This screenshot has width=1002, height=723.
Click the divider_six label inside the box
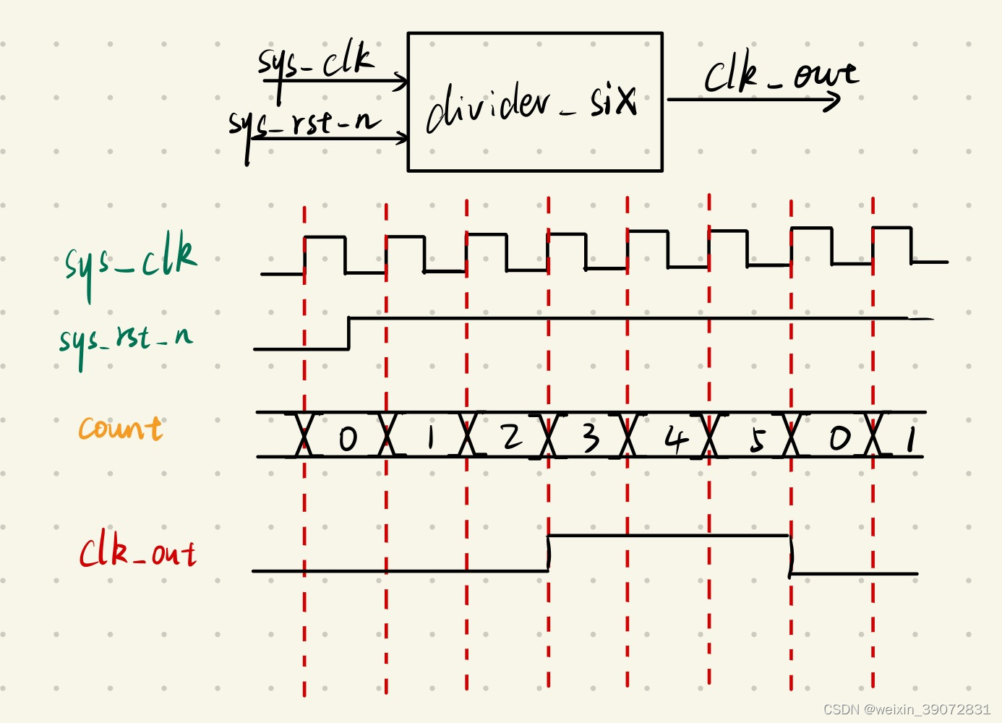[531, 107]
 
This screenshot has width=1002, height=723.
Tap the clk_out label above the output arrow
[781, 74]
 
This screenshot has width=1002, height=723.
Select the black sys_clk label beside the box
[317, 61]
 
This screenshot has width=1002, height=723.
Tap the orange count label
[120, 428]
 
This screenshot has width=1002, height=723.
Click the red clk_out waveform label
[137, 554]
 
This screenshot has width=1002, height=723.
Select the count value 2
[511, 436]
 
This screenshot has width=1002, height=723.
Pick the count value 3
[591, 437]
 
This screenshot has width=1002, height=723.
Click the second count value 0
[839, 437]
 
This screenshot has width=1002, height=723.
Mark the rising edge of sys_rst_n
[349, 333]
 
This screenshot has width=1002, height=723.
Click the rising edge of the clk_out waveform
[549, 553]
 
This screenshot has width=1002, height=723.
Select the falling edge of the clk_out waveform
[790, 555]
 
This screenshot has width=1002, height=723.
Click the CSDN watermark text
[907, 709]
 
